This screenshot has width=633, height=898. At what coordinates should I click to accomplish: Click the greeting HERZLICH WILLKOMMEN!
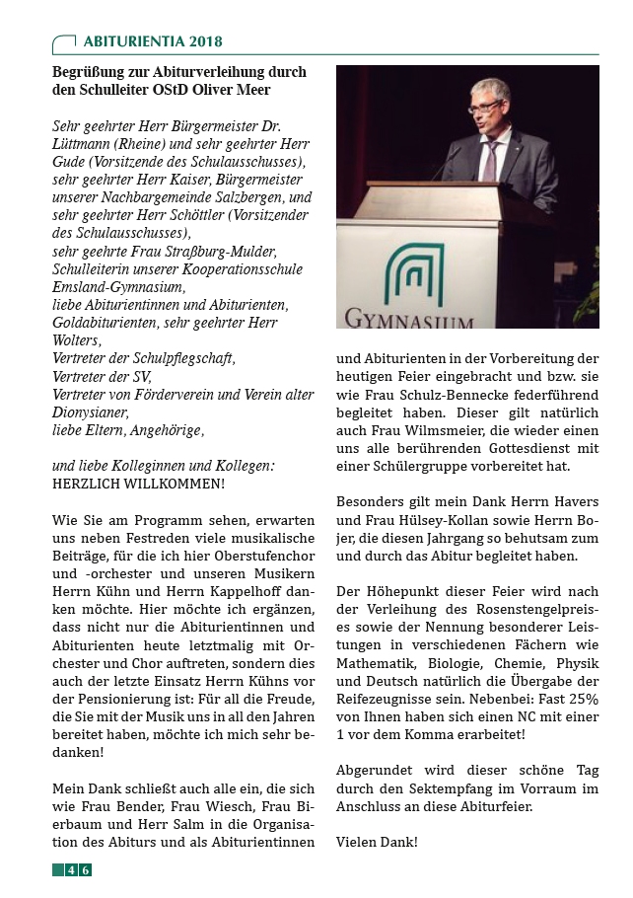138,484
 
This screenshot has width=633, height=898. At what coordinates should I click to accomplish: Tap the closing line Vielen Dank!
377,842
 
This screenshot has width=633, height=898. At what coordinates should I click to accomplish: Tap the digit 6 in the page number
86,869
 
